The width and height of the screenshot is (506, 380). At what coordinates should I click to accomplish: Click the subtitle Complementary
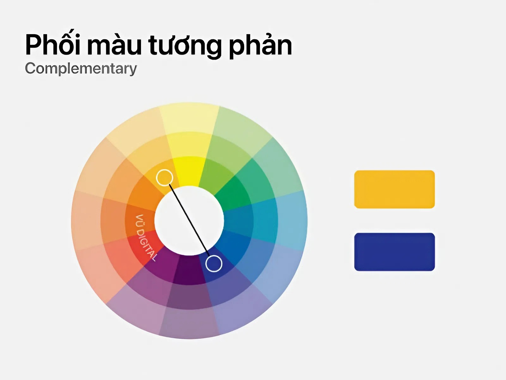point(81,69)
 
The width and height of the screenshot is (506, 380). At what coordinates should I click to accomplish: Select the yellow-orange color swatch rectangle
point(394,189)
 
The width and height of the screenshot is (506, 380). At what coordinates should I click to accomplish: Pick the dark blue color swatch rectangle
point(394,252)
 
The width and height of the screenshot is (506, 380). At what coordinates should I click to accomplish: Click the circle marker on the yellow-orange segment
point(164,177)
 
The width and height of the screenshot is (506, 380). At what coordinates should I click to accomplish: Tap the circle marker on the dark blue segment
point(214,263)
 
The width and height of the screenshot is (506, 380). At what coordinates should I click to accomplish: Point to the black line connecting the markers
point(189,220)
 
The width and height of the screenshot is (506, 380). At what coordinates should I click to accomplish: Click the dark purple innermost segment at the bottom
point(189,269)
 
